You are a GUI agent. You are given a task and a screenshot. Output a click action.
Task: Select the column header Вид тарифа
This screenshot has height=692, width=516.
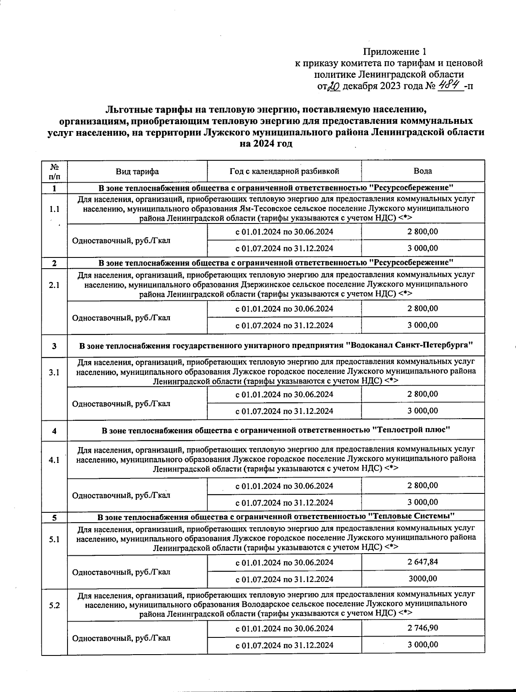click(x=137, y=171)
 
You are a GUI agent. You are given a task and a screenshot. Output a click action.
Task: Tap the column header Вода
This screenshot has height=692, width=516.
click(x=423, y=171)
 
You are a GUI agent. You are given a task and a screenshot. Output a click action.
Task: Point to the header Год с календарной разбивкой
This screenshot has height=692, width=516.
click(x=284, y=171)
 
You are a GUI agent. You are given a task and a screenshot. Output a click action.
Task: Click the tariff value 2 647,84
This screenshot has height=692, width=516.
click(x=423, y=562)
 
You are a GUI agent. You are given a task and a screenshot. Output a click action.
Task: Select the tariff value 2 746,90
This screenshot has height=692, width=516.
click(x=423, y=628)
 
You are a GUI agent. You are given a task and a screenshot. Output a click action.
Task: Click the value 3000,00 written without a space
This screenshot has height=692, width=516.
click(x=423, y=579)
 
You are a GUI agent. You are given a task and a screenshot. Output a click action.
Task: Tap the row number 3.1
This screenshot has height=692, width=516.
click(x=54, y=372)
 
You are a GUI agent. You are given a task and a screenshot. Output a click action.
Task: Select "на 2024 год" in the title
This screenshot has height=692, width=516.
click(x=266, y=144)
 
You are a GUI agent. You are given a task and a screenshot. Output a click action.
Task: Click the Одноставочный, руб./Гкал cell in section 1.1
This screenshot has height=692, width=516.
click(x=121, y=240)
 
